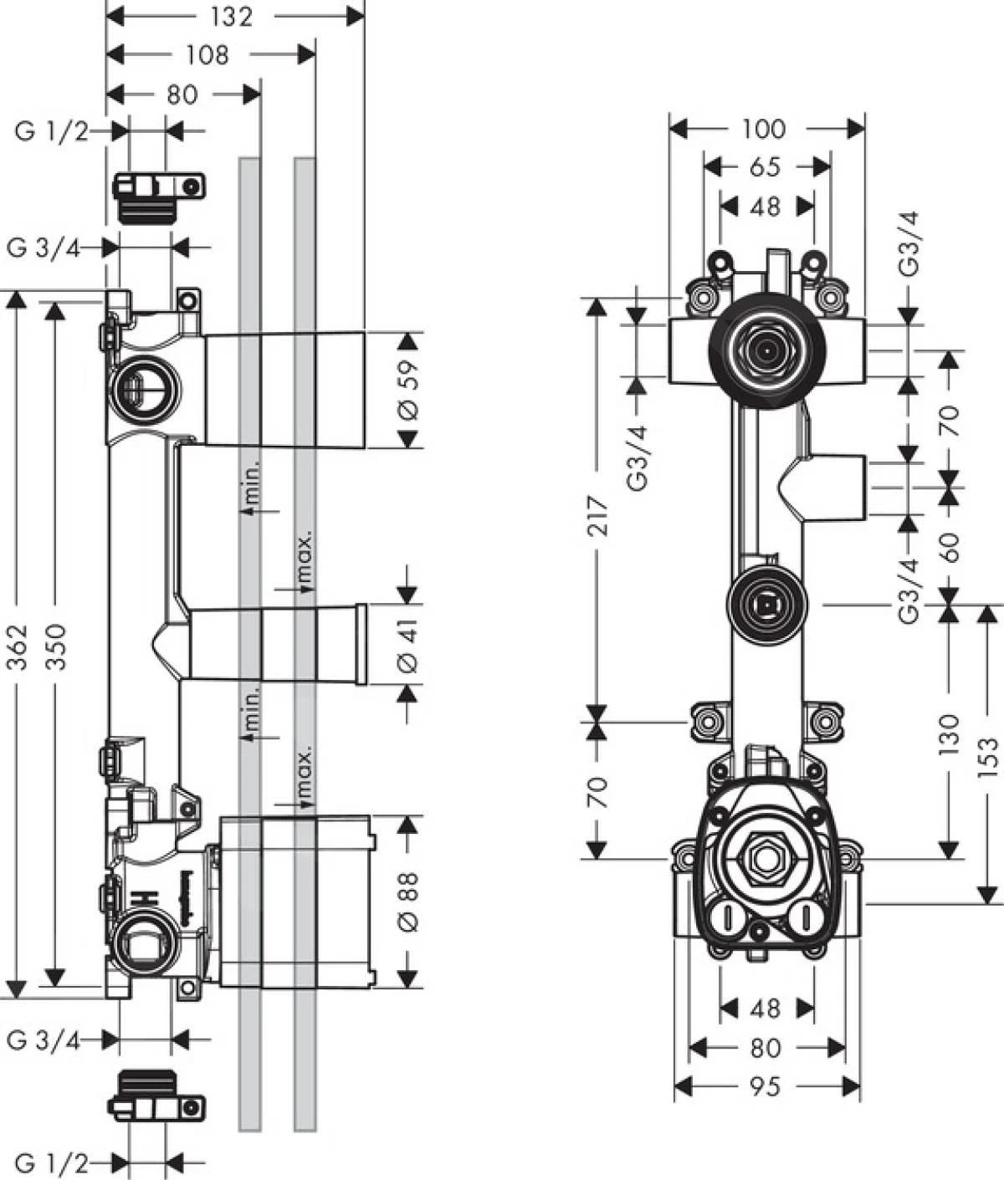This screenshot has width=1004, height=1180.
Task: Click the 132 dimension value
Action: tap(231, 17)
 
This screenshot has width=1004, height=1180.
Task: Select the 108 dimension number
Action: tap(207, 55)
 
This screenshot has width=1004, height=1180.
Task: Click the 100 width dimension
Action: tap(764, 129)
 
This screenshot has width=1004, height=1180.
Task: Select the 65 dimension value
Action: tap(765, 167)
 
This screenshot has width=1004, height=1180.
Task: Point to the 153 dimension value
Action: tap(987, 757)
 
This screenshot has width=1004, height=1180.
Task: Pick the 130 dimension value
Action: tap(948, 734)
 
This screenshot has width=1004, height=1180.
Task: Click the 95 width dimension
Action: tap(765, 1086)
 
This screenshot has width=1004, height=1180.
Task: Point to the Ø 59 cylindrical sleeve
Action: tap(284, 390)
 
